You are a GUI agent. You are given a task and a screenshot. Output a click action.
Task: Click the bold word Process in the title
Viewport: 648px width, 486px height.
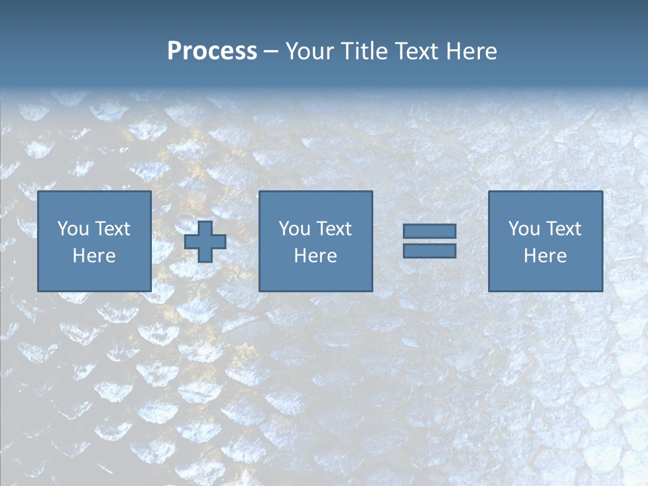coord(212,51)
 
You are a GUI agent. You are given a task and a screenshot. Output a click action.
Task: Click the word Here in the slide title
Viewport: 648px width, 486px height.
coord(471,51)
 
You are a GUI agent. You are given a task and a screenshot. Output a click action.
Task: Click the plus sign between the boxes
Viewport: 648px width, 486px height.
coord(205,242)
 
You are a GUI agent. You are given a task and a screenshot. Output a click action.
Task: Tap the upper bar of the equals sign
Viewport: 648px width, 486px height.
coord(429,232)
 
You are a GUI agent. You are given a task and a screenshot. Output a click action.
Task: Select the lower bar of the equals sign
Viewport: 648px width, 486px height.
coord(429,251)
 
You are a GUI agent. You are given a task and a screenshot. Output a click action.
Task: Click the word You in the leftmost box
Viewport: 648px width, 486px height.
coord(73,229)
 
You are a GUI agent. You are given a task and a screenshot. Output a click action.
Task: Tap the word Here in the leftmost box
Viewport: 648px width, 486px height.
coord(94,256)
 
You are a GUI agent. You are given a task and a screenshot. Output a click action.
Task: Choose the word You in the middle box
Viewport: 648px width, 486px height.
coord(294,229)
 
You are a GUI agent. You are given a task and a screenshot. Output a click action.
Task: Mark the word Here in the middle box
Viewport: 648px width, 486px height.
coord(315,256)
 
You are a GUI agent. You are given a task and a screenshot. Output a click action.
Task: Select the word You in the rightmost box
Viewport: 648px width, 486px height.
coord(524,229)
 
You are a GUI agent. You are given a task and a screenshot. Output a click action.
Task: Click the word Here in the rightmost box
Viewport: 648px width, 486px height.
coord(545,256)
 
